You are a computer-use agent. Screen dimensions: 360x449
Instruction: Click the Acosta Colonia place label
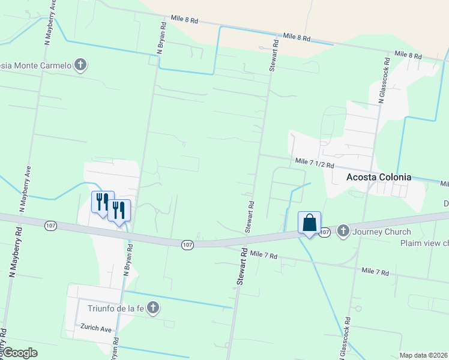click(x=379, y=177)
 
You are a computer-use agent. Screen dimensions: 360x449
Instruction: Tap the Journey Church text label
click(x=382, y=232)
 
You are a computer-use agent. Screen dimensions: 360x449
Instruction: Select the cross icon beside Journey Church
click(x=343, y=231)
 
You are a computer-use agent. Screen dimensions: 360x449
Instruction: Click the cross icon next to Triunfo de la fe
click(x=153, y=308)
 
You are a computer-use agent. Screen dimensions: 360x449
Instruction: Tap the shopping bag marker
click(x=309, y=223)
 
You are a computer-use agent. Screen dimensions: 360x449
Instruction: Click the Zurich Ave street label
click(x=97, y=329)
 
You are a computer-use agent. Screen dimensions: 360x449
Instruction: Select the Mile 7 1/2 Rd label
click(x=314, y=163)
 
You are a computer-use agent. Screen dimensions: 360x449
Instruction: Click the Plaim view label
click(x=424, y=243)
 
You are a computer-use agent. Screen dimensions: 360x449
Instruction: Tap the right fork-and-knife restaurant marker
click(x=119, y=210)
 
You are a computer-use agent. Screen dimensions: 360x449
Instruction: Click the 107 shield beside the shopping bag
click(x=325, y=232)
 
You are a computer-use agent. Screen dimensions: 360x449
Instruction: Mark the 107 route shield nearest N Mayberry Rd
click(x=50, y=225)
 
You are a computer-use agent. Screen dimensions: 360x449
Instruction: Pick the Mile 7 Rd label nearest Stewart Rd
click(x=264, y=256)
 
